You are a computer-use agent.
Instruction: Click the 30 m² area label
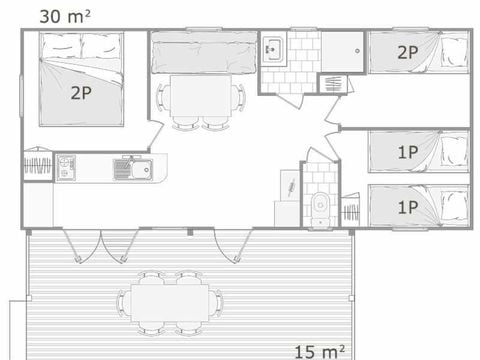(65, 15)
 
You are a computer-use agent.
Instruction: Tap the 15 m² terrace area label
(321, 350)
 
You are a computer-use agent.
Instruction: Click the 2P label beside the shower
(407, 53)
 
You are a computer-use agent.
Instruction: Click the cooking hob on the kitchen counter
(66, 167)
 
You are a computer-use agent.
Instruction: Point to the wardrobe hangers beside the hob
(38, 166)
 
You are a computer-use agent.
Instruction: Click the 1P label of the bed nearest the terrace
(407, 208)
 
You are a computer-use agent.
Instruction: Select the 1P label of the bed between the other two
(407, 153)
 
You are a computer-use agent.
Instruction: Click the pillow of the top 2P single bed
(455, 52)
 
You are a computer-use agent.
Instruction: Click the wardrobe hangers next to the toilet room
(351, 213)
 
